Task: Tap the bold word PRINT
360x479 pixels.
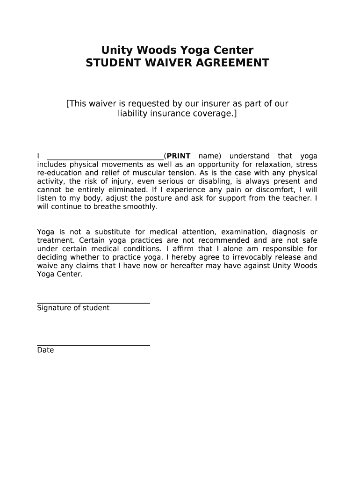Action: pyautogui.click(x=179, y=156)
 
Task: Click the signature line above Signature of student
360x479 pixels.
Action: pyautogui.click(x=94, y=303)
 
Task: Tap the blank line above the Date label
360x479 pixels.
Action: pyautogui.click(x=94, y=345)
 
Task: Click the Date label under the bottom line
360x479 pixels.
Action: pyautogui.click(x=45, y=350)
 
